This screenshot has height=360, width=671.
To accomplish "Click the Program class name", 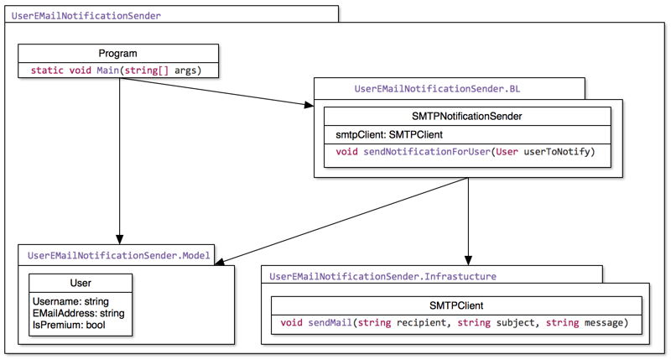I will point(117,54).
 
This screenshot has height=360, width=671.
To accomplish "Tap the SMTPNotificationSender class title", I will point(467,117).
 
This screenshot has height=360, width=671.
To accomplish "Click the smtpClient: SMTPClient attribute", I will point(383,134).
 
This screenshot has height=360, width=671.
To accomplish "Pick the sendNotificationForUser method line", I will point(466,152).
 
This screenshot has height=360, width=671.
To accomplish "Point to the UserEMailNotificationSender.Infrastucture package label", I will point(382,275).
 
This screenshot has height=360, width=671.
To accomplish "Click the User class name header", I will point(81,284).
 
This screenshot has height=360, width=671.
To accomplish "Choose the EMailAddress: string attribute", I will point(78,313).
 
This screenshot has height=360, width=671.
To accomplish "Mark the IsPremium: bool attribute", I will point(70,325).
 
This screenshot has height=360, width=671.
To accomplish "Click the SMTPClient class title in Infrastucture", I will point(455,305).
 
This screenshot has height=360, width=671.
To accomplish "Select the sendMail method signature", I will point(453,323).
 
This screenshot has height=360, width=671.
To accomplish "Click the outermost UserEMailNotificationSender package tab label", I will point(86,15).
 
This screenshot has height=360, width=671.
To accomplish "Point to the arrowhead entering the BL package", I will point(307,104).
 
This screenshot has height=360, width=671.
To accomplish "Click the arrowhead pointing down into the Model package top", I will point(120,238).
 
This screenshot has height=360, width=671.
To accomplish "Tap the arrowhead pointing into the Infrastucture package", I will point(468,259).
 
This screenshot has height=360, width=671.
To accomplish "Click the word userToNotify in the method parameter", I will point(559,152).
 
